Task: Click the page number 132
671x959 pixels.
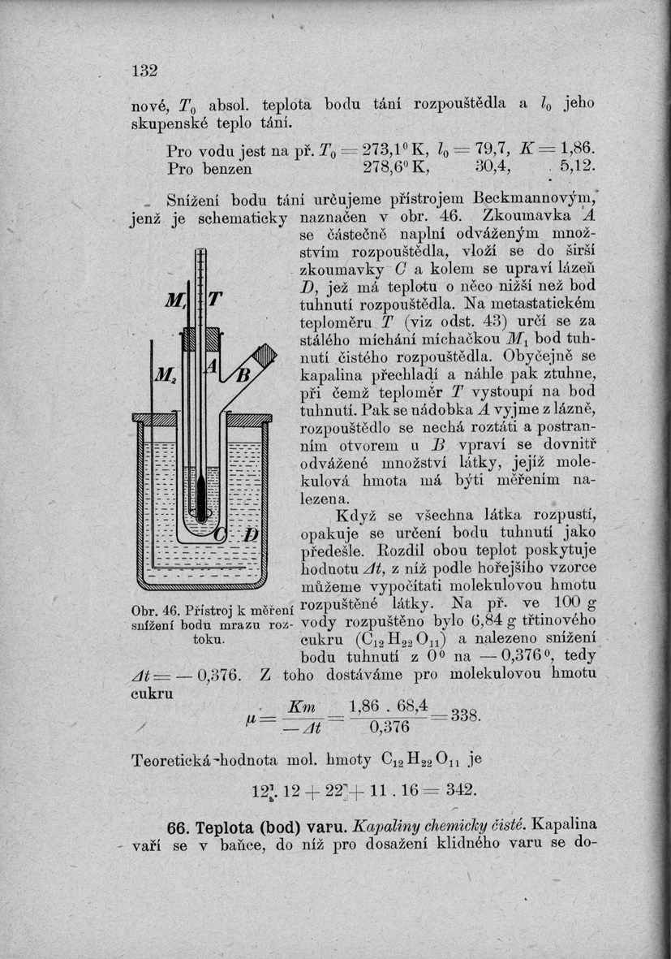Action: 144,71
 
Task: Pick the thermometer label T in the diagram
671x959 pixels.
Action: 216,300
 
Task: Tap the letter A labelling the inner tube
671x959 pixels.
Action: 209,367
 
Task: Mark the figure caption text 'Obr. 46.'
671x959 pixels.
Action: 148,610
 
